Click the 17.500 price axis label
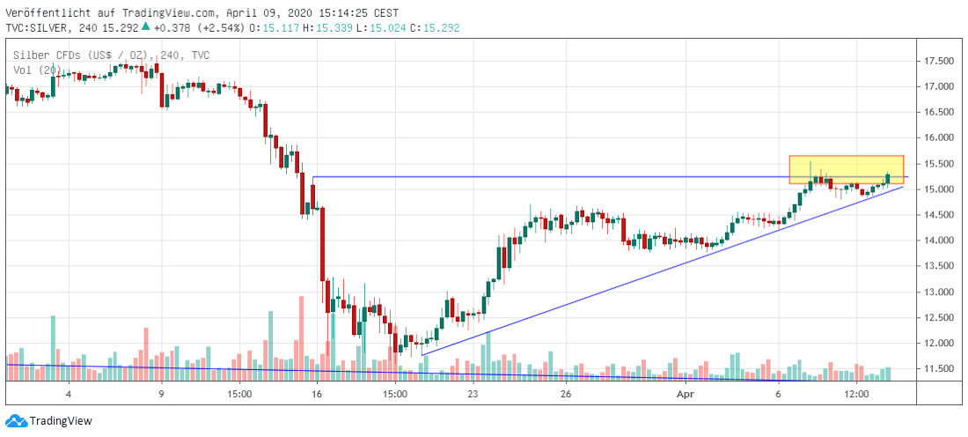tap(940, 61)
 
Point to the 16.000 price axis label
tap(940, 137)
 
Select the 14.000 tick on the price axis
tap(940, 241)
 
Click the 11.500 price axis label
tap(940, 368)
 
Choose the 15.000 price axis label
tap(940, 189)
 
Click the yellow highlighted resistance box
tap(846, 168)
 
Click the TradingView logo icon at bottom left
tap(15, 421)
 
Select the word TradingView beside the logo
tap(61, 421)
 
